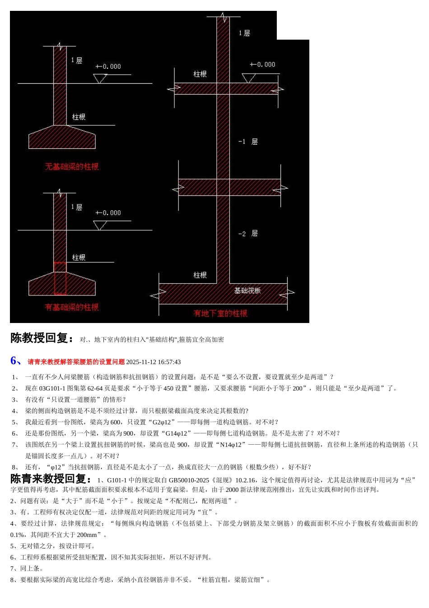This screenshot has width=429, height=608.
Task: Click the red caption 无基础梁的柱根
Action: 72,166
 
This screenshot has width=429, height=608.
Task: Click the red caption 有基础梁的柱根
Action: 72,307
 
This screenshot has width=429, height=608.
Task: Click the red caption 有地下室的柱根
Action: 220,313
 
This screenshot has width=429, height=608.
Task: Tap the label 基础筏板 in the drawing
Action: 247,290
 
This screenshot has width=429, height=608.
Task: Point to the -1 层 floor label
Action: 248,142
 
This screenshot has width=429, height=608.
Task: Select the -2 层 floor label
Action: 248,233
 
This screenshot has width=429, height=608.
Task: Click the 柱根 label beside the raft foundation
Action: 200,275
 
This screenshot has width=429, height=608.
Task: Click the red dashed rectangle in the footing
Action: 60,278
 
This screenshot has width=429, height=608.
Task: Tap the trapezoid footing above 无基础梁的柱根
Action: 62,138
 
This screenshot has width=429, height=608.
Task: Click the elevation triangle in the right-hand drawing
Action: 248,78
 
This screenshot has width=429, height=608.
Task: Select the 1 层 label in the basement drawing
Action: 244,33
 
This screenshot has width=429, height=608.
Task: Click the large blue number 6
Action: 15,361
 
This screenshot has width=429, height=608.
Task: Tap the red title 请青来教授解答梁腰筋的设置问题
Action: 76,362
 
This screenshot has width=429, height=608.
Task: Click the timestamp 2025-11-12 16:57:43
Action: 154,362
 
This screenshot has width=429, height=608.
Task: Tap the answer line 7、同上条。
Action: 27,568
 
